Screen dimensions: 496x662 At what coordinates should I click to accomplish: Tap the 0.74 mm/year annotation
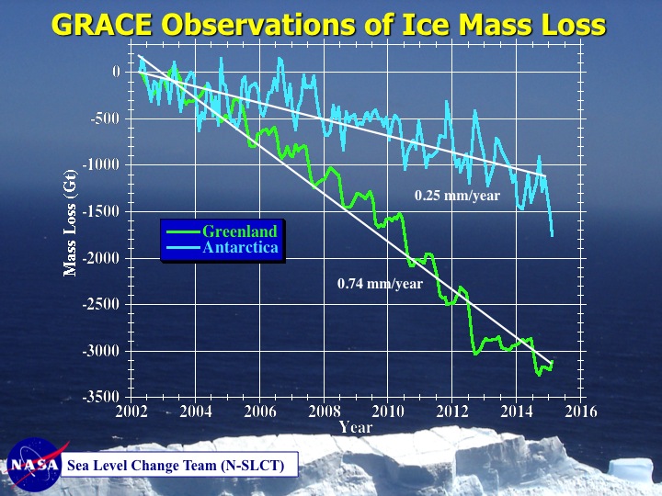tap(380, 284)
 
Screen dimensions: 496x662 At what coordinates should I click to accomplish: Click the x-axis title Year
tap(356, 427)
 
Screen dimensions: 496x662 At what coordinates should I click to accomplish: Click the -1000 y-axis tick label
tap(101, 165)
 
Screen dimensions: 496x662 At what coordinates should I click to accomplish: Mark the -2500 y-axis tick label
tap(101, 305)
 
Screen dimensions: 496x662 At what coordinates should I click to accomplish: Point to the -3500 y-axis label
tap(101, 398)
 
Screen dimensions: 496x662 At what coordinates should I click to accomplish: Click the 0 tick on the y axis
tap(116, 72)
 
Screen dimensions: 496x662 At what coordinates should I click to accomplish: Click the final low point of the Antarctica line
tap(552, 236)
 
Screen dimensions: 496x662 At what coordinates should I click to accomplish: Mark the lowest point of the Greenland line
tap(539, 375)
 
